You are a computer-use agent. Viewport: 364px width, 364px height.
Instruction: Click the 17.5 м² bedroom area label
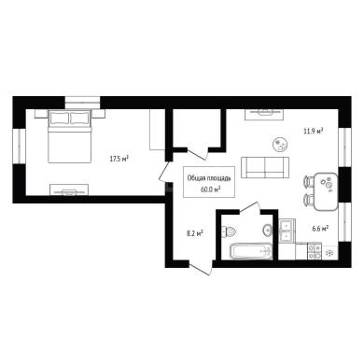click(119, 159)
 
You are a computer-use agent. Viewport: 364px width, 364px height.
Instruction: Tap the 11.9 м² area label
click(313, 131)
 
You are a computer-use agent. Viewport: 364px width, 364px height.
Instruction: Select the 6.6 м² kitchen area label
click(320, 229)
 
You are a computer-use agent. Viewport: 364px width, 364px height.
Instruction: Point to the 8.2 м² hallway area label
click(195, 233)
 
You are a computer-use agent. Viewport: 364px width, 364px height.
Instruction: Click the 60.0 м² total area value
click(209, 189)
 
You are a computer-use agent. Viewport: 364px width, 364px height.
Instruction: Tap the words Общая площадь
click(209, 178)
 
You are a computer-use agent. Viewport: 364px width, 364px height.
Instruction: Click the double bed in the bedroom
click(70, 136)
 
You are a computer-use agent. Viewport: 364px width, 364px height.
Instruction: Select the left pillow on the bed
click(60, 118)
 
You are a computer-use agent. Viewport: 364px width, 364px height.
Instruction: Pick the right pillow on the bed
click(80, 118)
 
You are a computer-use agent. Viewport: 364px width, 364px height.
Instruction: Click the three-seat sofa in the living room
click(265, 167)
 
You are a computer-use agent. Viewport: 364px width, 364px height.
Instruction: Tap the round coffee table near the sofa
click(280, 145)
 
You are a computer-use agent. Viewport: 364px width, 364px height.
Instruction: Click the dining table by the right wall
click(326, 191)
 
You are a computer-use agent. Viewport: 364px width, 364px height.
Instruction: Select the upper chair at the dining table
click(308, 182)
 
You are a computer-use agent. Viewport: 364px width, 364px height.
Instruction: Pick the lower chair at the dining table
click(308, 200)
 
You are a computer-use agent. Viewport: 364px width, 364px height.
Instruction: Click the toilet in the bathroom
click(229, 231)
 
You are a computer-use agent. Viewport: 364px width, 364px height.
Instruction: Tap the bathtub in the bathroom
click(251, 251)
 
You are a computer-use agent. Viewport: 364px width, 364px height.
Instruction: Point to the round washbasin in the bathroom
click(268, 231)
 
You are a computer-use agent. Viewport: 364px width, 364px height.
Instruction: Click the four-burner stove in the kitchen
click(315, 251)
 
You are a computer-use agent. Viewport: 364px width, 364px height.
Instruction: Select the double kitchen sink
click(287, 231)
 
